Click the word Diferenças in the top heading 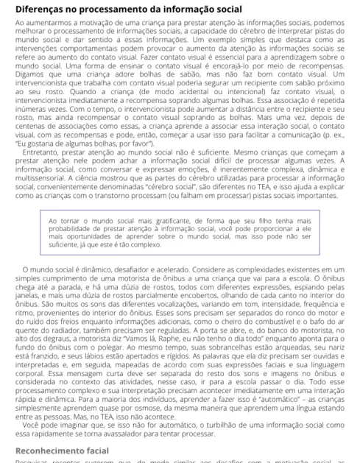[x=40, y=10]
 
